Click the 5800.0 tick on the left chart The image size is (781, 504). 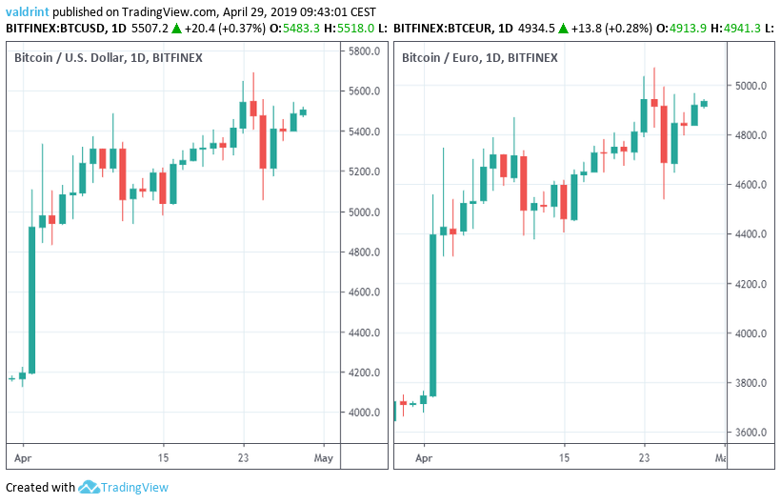pos(365,51)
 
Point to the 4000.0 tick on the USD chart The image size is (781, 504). pos(365,413)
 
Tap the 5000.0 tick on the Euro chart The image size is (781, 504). pos(752,86)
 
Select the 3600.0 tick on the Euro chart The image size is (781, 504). pos(752,433)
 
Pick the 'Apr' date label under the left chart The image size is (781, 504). pos(23,457)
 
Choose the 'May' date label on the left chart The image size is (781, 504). pos(325,457)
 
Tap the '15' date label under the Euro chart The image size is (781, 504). pos(565,457)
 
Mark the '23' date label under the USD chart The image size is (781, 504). pos(244,457)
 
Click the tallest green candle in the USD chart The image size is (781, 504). pos(31,299)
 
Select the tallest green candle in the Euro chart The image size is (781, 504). pos(432,314)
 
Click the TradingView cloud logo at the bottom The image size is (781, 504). pos(90,487)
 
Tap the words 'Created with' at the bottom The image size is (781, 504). pos(40,487)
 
